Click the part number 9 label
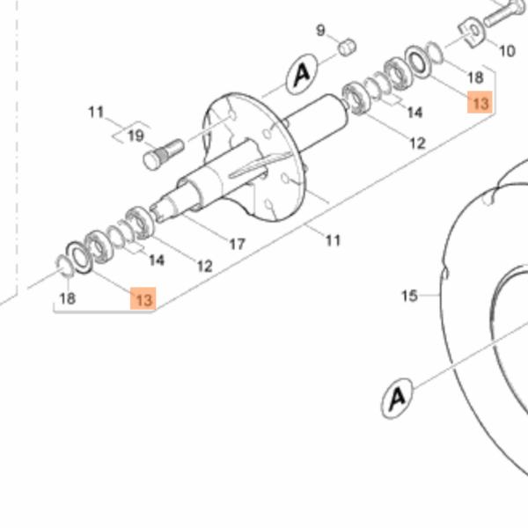point(320,30)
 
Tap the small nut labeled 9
point(347,48)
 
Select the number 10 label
point(507,51)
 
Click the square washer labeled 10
point(472,32)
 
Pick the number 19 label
point(136,136)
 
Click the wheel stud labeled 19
point(164,155)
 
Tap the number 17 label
point(238,244)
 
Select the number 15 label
point(409,296)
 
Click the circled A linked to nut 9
point(302,74)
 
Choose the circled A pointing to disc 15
point(398,399)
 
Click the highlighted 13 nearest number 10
point(480,102)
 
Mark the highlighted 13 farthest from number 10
point(143,298)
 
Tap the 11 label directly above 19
point(96,112)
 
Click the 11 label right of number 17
point(334,240)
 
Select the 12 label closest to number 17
point(205,267)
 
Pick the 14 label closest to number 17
point(157,260)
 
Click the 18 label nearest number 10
point(475,77)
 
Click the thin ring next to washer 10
point(435,52)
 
